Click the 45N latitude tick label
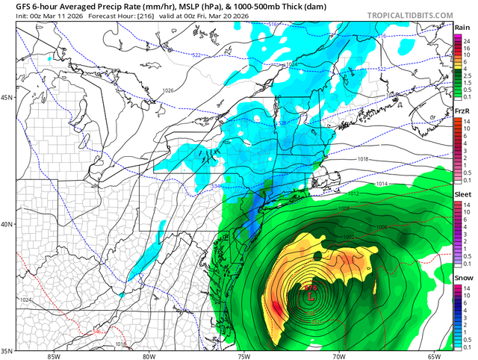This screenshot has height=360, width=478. pyautogui.click(x=7, y=98)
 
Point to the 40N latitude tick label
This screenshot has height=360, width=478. pyautogui.click(x=7, y=224)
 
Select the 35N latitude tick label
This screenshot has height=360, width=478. pyautogui.click(x=7, y=350)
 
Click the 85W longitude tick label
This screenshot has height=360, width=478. pyautogui.click(x=52, y=356)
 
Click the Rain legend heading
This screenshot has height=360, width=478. pyautogui.click(x=462, y=27)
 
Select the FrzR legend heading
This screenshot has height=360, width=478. pyautogui.click(x=462, y=111)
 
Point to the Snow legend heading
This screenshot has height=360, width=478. pyautogui.click(x=462, y=278)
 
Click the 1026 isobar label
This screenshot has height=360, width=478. pyautogui.click(x=168, y=91)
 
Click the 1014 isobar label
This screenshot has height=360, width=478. pyautogui.click(x=382, y=184)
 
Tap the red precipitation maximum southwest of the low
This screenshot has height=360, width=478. pyautogui.click(x=276, y=307)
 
